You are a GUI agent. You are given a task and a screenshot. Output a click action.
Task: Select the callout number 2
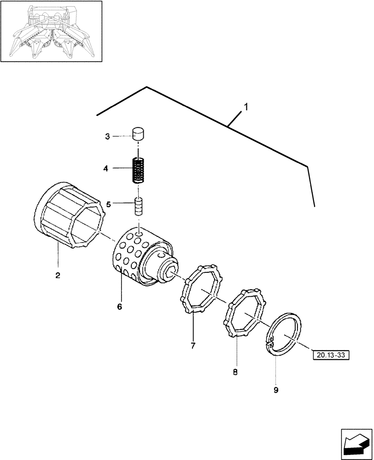tap(58, 276)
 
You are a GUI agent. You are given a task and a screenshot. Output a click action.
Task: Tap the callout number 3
tap(107, 137)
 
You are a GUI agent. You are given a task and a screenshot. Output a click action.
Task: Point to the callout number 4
tap(106, 169)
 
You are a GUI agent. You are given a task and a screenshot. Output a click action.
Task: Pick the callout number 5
tap(109, 204)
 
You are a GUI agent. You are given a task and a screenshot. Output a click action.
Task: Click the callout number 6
tap(119, 307)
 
